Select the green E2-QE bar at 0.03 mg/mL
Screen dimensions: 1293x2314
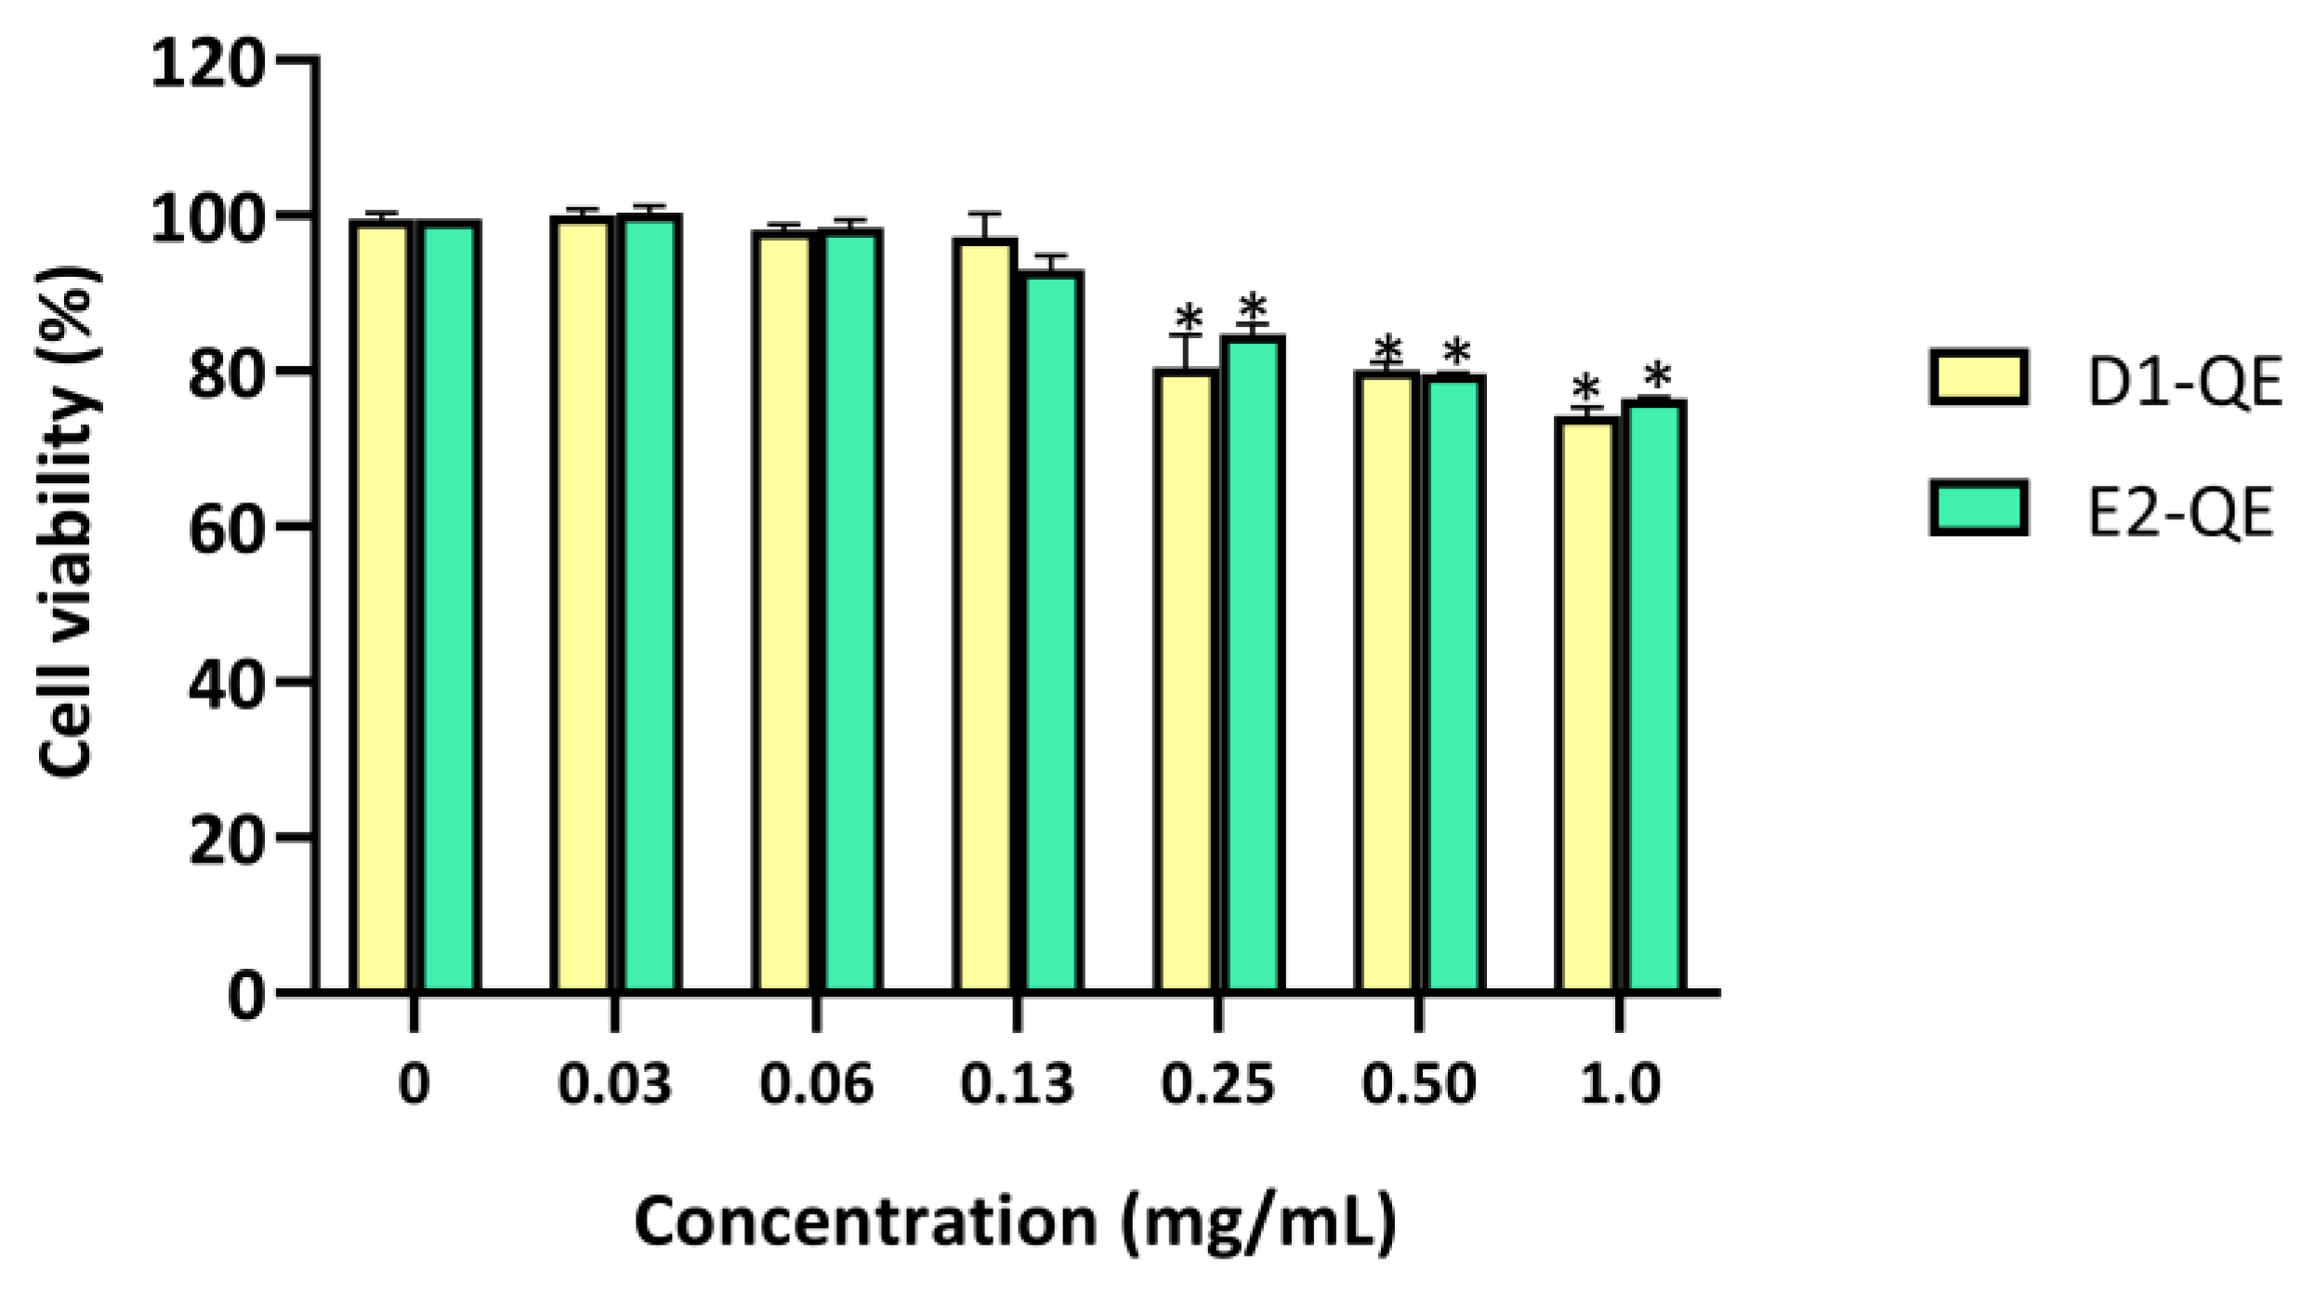651,604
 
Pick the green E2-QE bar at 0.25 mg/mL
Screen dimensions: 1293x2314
1253,664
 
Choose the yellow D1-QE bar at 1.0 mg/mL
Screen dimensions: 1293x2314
1586,706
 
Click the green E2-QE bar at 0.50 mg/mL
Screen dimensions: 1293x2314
1453,684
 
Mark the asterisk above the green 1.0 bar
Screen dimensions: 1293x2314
1656,377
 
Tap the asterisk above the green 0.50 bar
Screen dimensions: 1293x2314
1456,353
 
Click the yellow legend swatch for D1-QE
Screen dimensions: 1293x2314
1978,377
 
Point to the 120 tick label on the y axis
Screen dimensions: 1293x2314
206,67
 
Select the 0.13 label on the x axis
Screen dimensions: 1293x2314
1017,1084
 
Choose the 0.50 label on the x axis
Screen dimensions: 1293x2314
1418,1084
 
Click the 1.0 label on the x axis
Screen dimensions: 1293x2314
1620,1084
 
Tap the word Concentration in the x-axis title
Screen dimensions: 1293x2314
865,1222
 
